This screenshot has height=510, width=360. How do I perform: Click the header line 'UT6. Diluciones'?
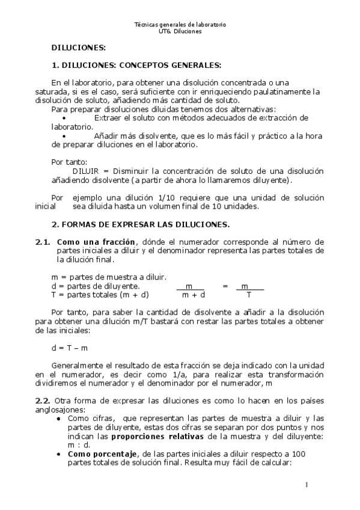(x=180, y=31)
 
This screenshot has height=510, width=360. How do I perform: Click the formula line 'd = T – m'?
(x=70, y=348)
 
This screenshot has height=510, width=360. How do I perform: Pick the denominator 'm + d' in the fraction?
(x=194, y=295)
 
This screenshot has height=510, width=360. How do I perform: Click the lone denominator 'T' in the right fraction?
(x=249, y=295)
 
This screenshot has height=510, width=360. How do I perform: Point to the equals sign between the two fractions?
(x=225, y=286)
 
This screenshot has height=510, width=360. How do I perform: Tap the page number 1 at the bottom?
(x=307, y=485)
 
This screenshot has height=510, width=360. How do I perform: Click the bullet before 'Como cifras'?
(x=58, y=419)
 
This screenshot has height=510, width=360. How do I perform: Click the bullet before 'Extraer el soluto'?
(x=64, y=118)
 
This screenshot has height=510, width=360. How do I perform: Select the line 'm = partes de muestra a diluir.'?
(x=108, y=277)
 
